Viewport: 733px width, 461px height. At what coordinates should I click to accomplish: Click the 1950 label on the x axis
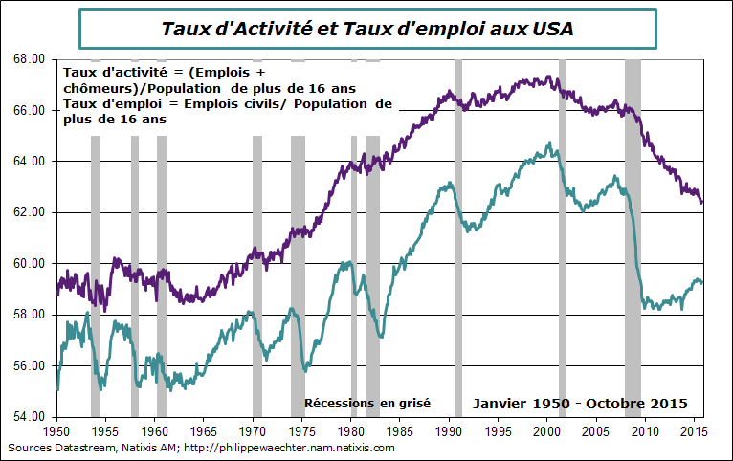click(x=56, y=430)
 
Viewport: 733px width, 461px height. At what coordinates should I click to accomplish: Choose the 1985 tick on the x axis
click(x=400, y=430)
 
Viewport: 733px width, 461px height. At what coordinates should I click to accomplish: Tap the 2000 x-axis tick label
click(x=547, y=430)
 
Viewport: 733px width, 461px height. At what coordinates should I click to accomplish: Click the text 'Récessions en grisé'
click(x=366, y=404)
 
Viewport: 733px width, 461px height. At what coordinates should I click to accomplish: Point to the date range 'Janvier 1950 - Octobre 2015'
click(x=580, y=404)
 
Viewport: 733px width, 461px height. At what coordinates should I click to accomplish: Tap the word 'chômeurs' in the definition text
click(x=96, y=89)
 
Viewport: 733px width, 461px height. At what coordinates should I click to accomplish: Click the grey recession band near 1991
click(x=458, y=239)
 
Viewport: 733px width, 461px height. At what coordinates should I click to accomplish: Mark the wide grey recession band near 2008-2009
click(x=633, y=239)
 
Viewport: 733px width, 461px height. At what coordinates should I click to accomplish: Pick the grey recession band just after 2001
click(x=563, y=239)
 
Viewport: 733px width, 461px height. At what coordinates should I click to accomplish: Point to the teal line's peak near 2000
click(x=549, y=143)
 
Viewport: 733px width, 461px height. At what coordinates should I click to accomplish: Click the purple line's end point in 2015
click(x=702, y=203)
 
